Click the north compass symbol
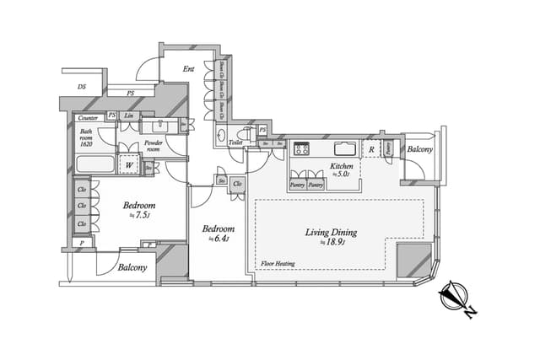(x=457, y=299)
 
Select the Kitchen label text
(x=340, y=166)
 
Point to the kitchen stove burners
(x=301, y=150)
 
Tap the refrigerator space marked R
(x=370, y=150)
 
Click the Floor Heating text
(x=278, y=263)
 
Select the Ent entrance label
(x=189, y=68)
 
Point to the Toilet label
(x=235, y=142)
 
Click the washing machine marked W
(x=128, y=165)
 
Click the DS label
(x=82, y=86)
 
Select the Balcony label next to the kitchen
(x=419, y=149)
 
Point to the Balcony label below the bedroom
(x=132, y=267)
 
